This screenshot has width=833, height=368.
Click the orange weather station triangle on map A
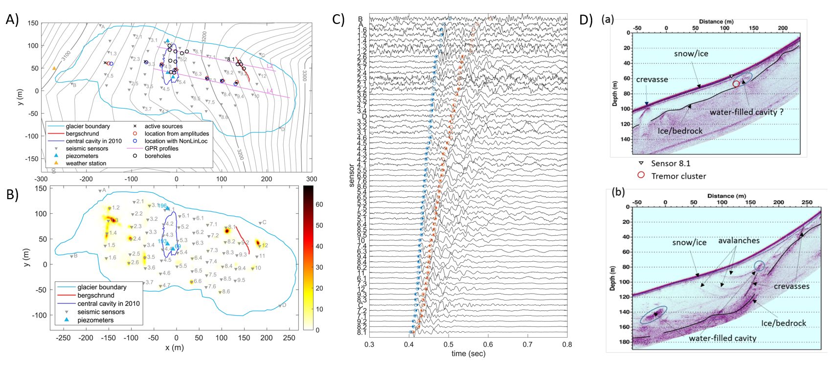point(54,68)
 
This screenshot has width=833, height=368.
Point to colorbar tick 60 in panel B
point(319,205)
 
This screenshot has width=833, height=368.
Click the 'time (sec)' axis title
point(468,353)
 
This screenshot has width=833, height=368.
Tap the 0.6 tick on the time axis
point(488,344)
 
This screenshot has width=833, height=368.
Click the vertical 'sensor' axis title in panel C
point(352,176)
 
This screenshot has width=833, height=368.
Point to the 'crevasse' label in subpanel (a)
point(652,79)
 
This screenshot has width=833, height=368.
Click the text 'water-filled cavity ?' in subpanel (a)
point(746,112)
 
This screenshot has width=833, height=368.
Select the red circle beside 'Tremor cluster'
point(641,175)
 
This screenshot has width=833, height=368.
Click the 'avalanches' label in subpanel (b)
point(739,241)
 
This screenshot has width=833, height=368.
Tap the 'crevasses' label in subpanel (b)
point(791,286)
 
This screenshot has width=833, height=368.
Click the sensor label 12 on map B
point(265,246)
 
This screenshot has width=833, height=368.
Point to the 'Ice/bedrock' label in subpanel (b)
point(784,323)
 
